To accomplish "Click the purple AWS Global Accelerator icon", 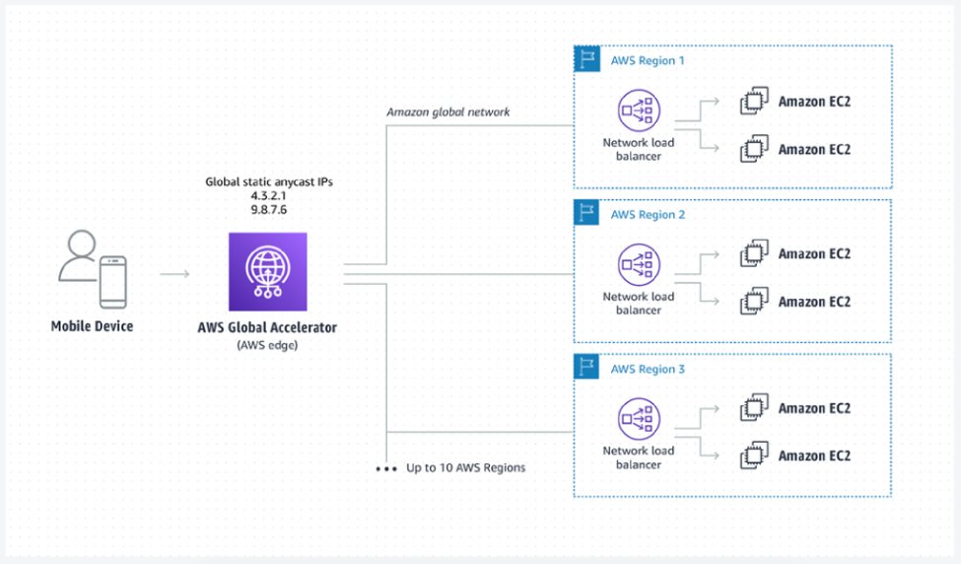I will click(267, 272).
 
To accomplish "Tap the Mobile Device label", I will click(92, 325).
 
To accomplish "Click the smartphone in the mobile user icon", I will click(112, 281).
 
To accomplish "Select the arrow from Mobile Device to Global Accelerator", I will click(174, 273).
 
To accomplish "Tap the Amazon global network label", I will click(447, 112).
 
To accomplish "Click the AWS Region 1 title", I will click(648, 60).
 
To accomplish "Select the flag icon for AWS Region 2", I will click(587, 214).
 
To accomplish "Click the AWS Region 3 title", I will click(648, 369).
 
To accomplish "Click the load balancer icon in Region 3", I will click(638, 420).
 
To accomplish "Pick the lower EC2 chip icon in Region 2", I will click(754, 302).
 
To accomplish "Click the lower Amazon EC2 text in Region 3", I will click(814, 456).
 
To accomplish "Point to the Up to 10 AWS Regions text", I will click(465, 467).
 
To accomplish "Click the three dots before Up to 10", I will click(385, 469).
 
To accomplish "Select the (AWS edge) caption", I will click(267, 344).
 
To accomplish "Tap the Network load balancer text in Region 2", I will click(639, 303).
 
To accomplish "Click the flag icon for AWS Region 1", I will click(587, 59).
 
